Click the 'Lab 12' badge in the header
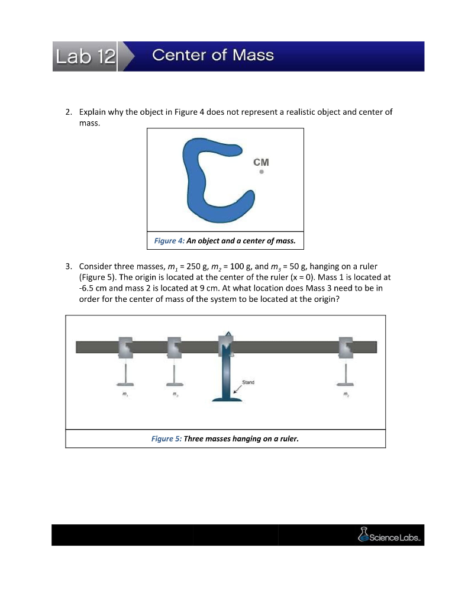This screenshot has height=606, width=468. pos(84,56)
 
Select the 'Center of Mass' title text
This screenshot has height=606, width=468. pos(213,56)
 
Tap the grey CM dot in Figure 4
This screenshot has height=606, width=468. pos(261,173)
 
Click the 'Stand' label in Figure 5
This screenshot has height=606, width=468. pos(248,382)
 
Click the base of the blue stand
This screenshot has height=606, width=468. pos(227,399)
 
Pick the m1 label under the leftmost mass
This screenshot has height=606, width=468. pos(125,394)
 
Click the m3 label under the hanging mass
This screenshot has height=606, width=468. pos(174,394)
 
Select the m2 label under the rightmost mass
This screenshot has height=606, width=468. pos(346,394)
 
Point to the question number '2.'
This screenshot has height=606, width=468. pos(69,111)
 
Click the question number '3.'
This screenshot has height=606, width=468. pos(69,266)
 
